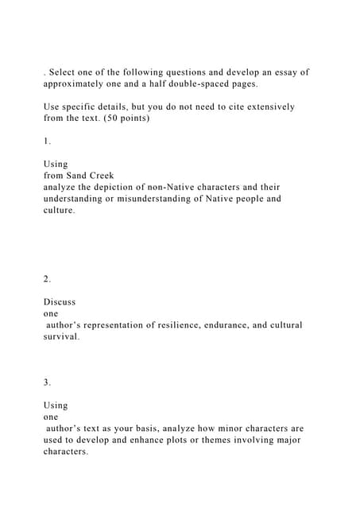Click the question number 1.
(47, 141)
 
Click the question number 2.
(47, 279)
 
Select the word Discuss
(60, 302)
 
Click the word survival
(61, 336)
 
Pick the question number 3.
(47, 383)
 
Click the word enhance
(157, 440)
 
